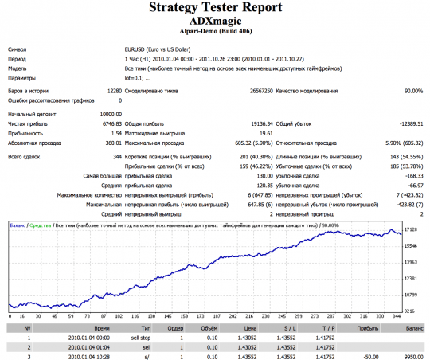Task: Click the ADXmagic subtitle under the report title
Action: (x=215, y=24)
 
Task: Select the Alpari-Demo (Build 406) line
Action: (x=215, y=35)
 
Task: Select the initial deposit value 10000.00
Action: (x=109, y=115)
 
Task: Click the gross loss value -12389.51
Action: (x=406, y=125)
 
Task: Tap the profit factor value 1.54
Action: (x=116, y=134)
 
